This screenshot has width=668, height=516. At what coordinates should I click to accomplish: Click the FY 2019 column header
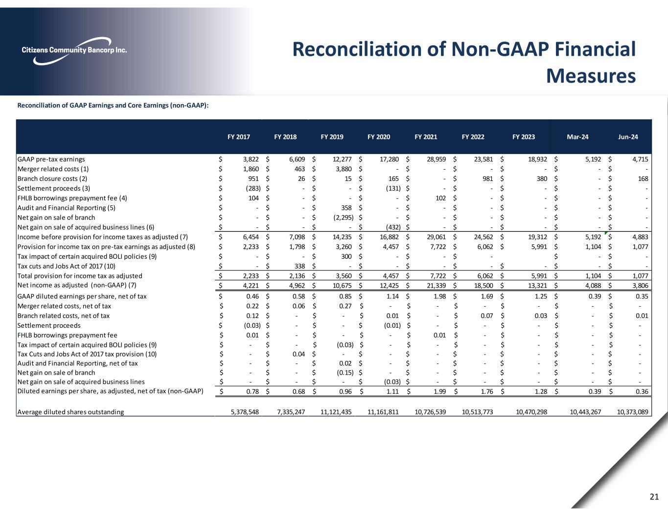(332, 137)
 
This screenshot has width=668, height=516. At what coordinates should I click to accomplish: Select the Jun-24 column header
(628, 137)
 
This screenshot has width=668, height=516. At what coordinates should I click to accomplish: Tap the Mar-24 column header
(577, 137)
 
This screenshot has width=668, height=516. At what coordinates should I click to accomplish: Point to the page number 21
(654, 497)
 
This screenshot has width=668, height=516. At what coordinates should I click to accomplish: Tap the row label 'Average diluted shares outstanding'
(70, 412)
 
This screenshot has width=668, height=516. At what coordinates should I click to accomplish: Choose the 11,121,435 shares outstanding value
(336, 412)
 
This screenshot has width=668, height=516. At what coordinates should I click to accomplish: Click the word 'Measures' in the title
(590, 76)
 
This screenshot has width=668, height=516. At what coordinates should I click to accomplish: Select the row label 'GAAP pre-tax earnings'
(51, 159)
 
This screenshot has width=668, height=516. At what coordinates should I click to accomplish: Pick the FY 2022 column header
(473, 137)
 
